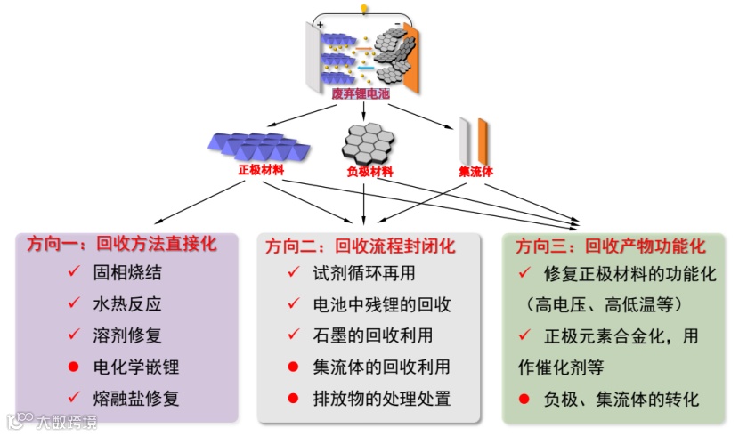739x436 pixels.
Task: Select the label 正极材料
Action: click(x=257, y=169)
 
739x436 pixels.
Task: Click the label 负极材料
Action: click(x=369, y=172)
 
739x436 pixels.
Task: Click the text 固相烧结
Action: click(x=127, y=273)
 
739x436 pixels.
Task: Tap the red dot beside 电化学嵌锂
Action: click(x=73, y=367)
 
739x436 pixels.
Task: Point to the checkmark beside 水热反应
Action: click(x=73, y=303)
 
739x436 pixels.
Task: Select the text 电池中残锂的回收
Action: click(x=382, y=304)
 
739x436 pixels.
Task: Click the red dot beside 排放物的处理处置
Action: click(x=292, y=399)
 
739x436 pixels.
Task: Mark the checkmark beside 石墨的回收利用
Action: click(x=292, y=335)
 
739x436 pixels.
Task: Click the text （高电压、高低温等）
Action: click(x=603, y=304)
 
